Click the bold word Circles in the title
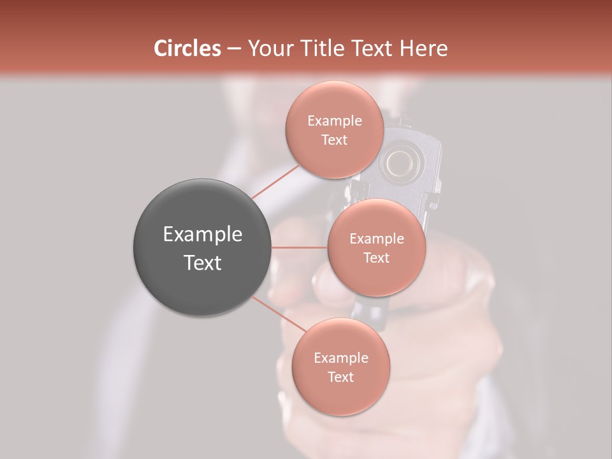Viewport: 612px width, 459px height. point(187,48)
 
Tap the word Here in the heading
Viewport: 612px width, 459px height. point(423,48)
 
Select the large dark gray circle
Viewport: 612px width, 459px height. point(202,247)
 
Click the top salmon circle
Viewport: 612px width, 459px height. point(334,129)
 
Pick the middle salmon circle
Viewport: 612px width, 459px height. point(376,247)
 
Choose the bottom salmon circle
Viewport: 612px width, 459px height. point(340,367)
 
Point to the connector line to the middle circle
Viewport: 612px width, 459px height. point(299,247)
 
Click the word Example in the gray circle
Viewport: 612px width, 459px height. point(202,234)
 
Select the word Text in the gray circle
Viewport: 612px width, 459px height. point(202,262)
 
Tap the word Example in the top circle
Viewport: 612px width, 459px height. point(334,120)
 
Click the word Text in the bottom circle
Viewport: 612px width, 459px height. point(340,377)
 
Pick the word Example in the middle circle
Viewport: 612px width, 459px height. point(376,238)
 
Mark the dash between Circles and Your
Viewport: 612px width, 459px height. point(234,49)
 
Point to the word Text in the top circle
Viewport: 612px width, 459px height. point(334,140)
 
